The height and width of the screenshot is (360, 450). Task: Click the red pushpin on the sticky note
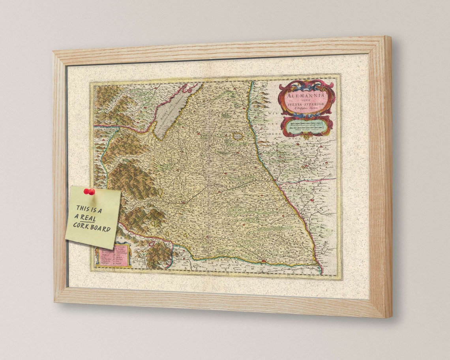[x=89, y=192]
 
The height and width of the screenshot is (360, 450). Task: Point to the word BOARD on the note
[x=101, y=228]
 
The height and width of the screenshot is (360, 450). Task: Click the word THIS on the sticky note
[x=83, y=208]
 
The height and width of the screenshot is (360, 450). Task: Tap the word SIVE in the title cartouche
[x=306, y=101]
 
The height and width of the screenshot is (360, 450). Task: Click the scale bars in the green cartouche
[x=307, y=127]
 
